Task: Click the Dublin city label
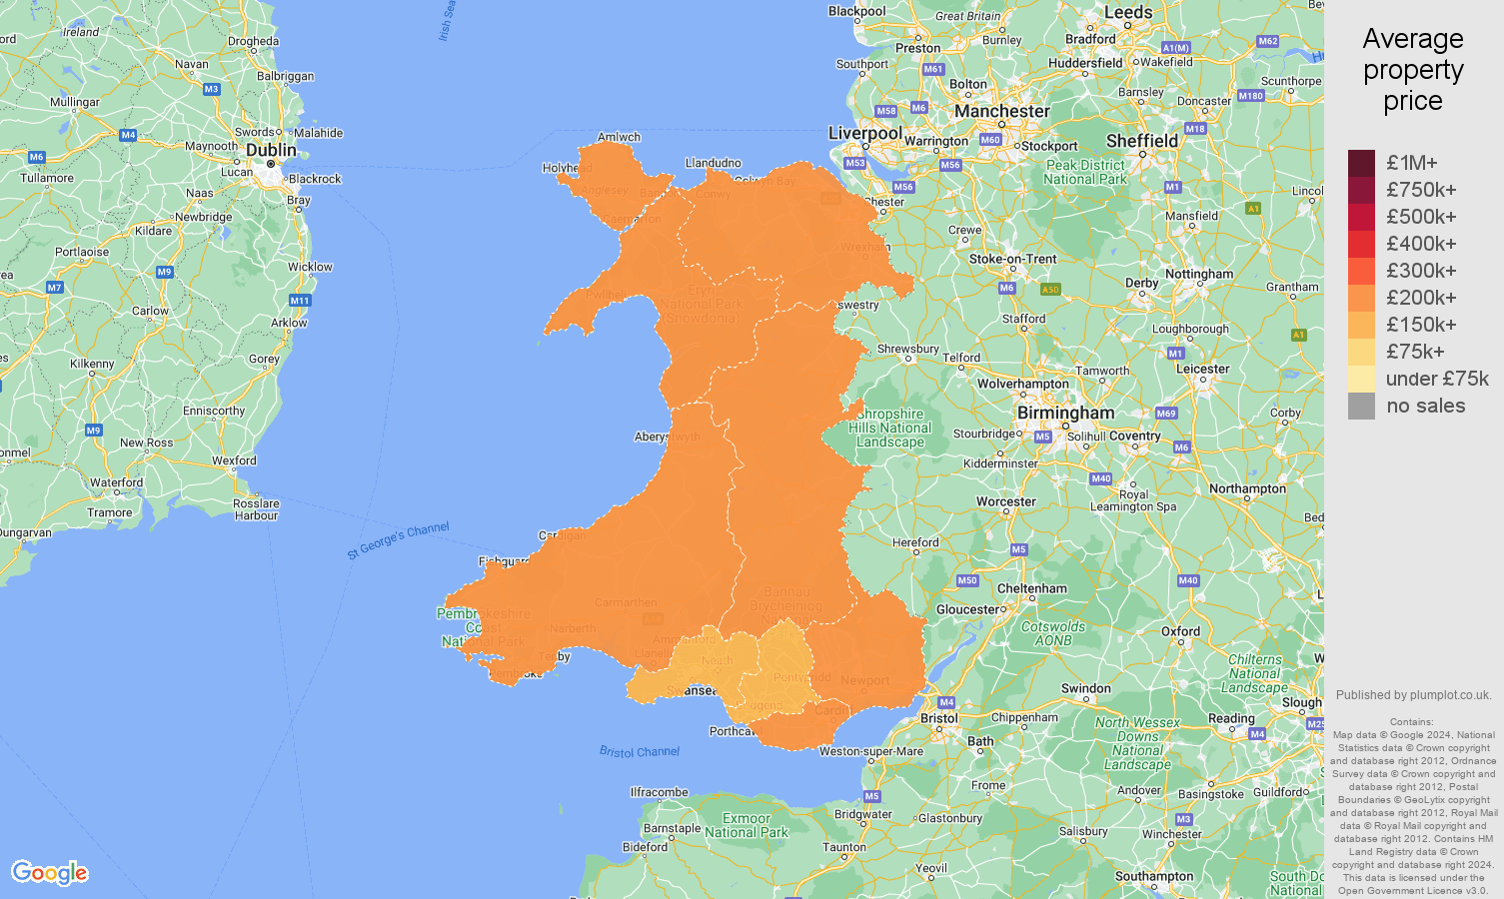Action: pos(271,150)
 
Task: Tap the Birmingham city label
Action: pos(1065,413)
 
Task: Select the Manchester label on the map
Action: pos(1001,111)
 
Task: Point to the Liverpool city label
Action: pos(864,133)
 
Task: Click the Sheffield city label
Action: pos(1142,141)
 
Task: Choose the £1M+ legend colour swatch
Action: pos(1361,163)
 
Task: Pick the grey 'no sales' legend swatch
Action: pos(1361,406)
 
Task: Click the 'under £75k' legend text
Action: pos(1437,379)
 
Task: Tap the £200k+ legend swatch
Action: pos(1361,298)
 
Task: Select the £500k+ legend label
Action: pos(1421,217)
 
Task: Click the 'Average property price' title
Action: pos(1413,70)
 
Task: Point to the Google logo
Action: pos(50,873)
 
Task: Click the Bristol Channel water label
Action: pos(640,751)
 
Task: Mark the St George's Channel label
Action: pos(398,540)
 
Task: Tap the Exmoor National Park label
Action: pos(747,825)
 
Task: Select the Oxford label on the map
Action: pos(1180,631)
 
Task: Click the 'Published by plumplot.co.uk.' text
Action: pos(1413,695)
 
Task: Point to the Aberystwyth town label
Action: pos(667,437)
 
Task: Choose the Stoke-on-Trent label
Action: pos(1012,259)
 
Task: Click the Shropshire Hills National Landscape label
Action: pos(890,428)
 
